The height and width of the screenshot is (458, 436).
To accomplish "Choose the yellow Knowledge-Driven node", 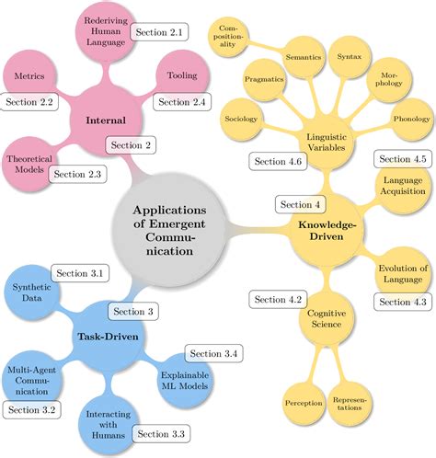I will coord(327,230).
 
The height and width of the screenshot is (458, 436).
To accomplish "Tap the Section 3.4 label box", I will coord(213,353).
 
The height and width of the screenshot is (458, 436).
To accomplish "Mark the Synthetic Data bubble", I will coord(32,293).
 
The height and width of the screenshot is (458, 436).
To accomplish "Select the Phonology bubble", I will coord(410,120).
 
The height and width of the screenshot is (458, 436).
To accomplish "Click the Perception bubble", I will coord(303,402).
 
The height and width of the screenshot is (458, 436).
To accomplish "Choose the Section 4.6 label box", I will coord(274,161).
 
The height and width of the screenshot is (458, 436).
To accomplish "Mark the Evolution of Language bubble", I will coord(403,273).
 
